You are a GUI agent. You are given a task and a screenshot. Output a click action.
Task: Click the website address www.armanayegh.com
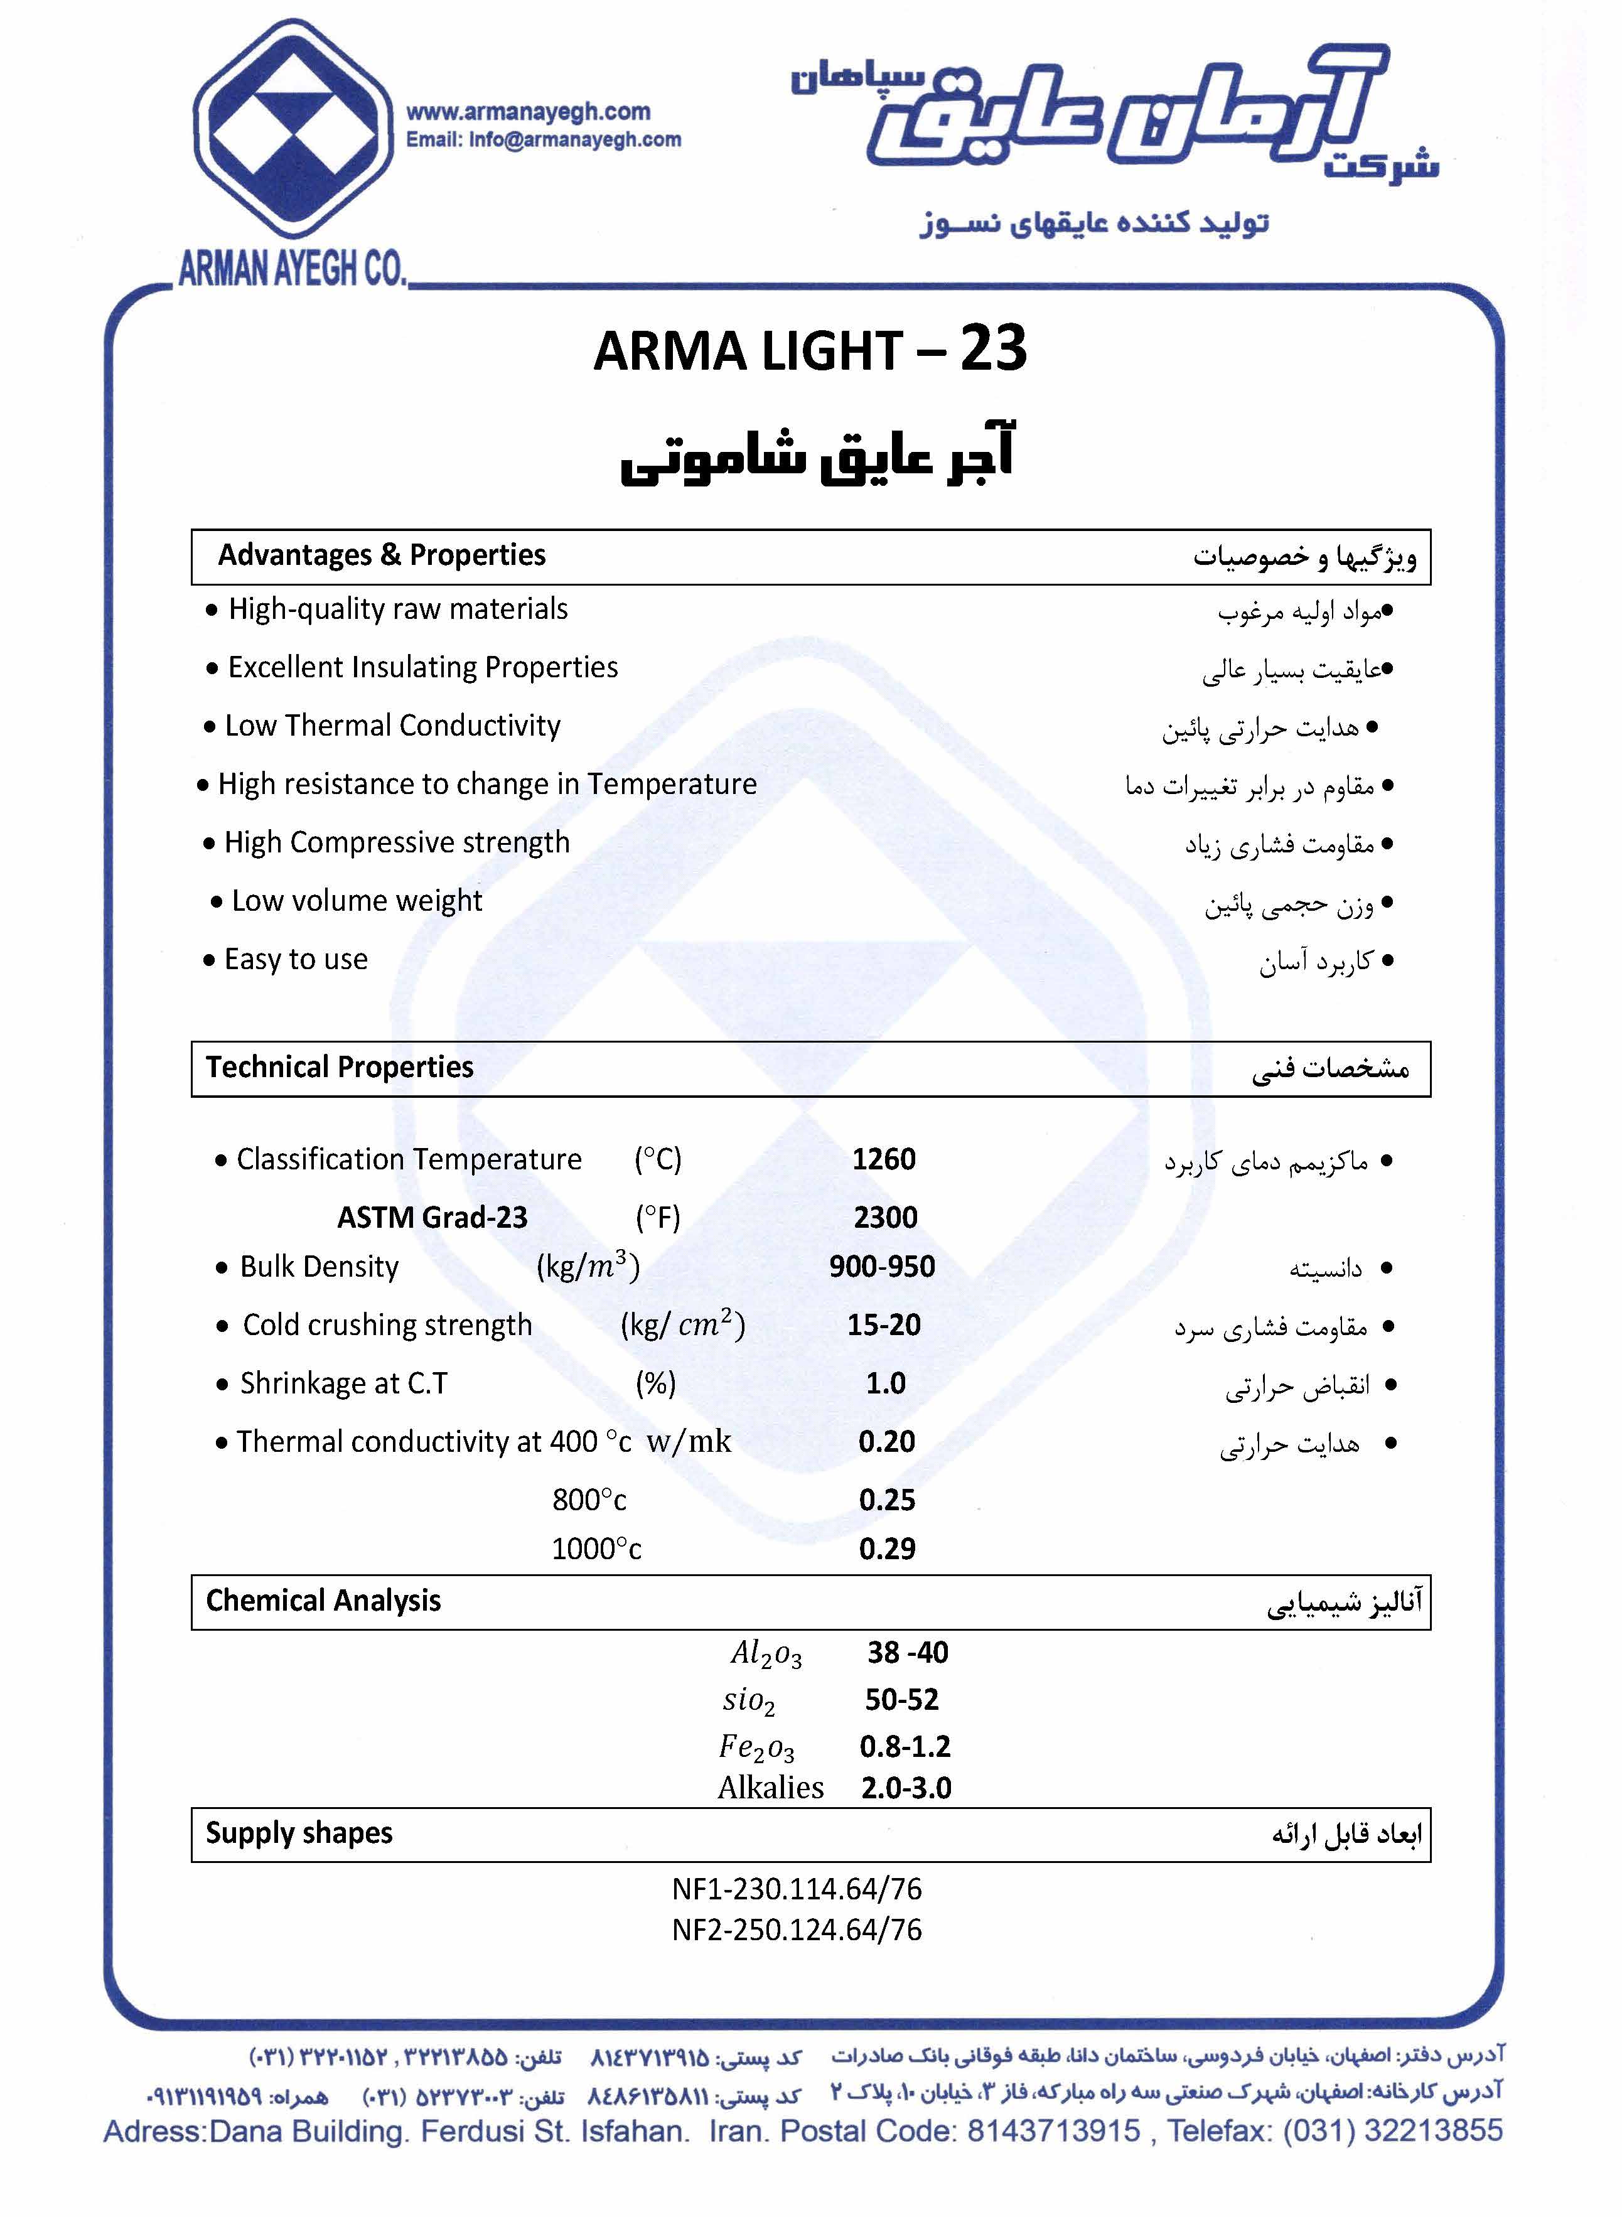click(x=529, y=112)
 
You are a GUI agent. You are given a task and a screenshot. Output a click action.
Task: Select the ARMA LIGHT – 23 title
click(x=810, y=350)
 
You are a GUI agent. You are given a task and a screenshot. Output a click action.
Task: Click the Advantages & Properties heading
click(x=382, y=556)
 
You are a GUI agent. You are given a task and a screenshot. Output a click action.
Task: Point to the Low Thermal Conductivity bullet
click(x=393, y=727)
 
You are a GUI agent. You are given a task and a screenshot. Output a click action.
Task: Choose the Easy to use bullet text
click(x=296, y=959)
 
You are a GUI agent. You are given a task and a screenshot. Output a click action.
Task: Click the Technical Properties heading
click(x=340, y=1067)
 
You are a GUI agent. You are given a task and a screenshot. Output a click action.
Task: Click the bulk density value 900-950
click(x=882, y=1267)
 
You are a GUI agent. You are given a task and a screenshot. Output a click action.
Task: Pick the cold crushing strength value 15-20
click(x=884, y=1324)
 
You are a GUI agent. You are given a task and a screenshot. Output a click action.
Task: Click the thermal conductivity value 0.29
click(x=886, y=1549)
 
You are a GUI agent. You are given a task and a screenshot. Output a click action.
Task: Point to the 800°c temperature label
click(x=589, y=1500)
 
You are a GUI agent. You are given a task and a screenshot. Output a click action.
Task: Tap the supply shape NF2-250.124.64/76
click(x=797, y=1930)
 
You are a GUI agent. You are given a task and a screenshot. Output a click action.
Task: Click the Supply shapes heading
click(x=299, y=1833)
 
